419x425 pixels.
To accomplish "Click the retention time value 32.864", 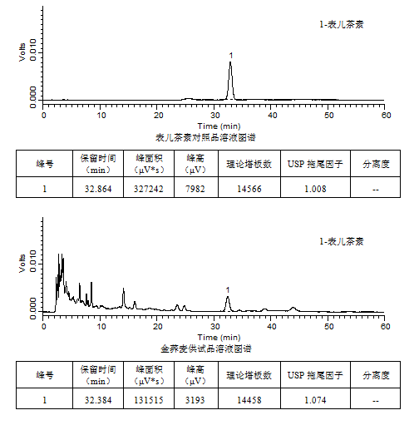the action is [98, 189].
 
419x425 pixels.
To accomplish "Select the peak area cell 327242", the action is [149, 189].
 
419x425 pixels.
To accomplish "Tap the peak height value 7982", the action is [195, 189].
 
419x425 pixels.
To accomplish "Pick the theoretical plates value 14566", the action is [249, 189].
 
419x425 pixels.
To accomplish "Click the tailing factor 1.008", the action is [315, 189].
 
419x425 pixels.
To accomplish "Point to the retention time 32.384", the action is [98, 400].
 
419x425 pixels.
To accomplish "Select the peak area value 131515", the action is [149, 400].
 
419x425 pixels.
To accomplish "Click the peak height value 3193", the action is [195, 400].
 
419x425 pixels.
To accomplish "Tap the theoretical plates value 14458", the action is [249, 400].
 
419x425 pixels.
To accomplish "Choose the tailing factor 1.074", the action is [315, 400].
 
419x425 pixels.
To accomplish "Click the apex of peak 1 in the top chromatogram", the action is [230, 62].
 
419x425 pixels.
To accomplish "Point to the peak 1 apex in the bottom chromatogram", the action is [228, 297].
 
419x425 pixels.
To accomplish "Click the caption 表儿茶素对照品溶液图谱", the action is [205, 137].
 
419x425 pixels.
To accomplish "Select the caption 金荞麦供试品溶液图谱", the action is [206, 348].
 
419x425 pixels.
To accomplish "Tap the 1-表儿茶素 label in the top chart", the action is [342, 24].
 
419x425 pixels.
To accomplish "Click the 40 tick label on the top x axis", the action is [272, 115].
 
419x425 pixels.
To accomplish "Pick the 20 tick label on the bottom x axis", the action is [157, 326].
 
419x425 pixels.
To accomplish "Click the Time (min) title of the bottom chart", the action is [219, 338].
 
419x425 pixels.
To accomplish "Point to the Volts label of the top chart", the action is [22, 52].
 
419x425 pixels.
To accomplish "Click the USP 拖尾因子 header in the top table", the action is [315, 164].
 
